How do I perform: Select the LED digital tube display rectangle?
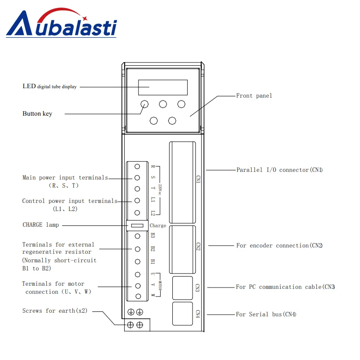click(162, 86)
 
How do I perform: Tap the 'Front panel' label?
click(254, 96)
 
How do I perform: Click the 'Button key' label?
click(37, 114)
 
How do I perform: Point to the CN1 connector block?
click(182, 182)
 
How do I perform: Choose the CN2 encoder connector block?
click(182, 249)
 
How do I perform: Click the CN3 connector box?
click(182, 287)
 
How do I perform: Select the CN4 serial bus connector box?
click(182, 313)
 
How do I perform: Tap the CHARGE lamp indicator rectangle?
click(137, 225)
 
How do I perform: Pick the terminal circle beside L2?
click(137, 213)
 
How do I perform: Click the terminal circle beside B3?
click(137, 236)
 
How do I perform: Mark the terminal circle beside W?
click(137, 296)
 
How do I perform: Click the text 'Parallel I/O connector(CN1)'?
click(279, 170)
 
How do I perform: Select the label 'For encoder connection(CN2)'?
click(279, 246)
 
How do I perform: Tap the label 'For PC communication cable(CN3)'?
click(285, 287)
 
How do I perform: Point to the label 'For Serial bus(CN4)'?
click(266, 315)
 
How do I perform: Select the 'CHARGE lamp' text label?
click(40, 225)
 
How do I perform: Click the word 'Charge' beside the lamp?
click(158, 226)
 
